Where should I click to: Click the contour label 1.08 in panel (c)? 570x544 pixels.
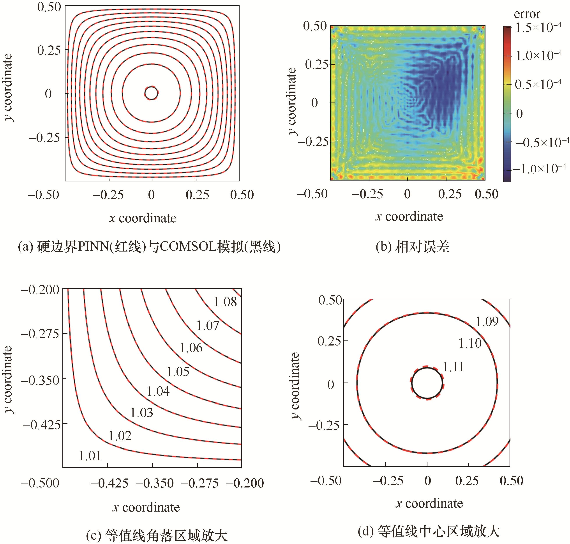[x=225, y=302]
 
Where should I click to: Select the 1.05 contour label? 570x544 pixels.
[x=178, y=372]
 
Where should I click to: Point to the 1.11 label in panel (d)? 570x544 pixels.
[x=453, y=367]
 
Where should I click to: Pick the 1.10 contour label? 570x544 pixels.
[x=469, y=343]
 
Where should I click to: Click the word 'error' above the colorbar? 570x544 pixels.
[x=527, y=14]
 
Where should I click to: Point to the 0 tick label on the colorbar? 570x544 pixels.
[x=520, y=114]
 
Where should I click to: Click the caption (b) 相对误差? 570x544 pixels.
[x=412, y=247]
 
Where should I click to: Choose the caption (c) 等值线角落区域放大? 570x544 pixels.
[x=157, y=535]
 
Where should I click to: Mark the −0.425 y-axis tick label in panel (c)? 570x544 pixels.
[x=42, y=425]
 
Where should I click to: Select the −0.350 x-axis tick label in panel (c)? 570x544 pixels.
[x=154, y=483]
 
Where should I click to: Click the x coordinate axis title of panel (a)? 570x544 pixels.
[x=143, y=218]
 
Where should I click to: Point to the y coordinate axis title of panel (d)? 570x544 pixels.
[x=295, y=386]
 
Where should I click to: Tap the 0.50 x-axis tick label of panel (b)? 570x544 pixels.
[x=486, y=194]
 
